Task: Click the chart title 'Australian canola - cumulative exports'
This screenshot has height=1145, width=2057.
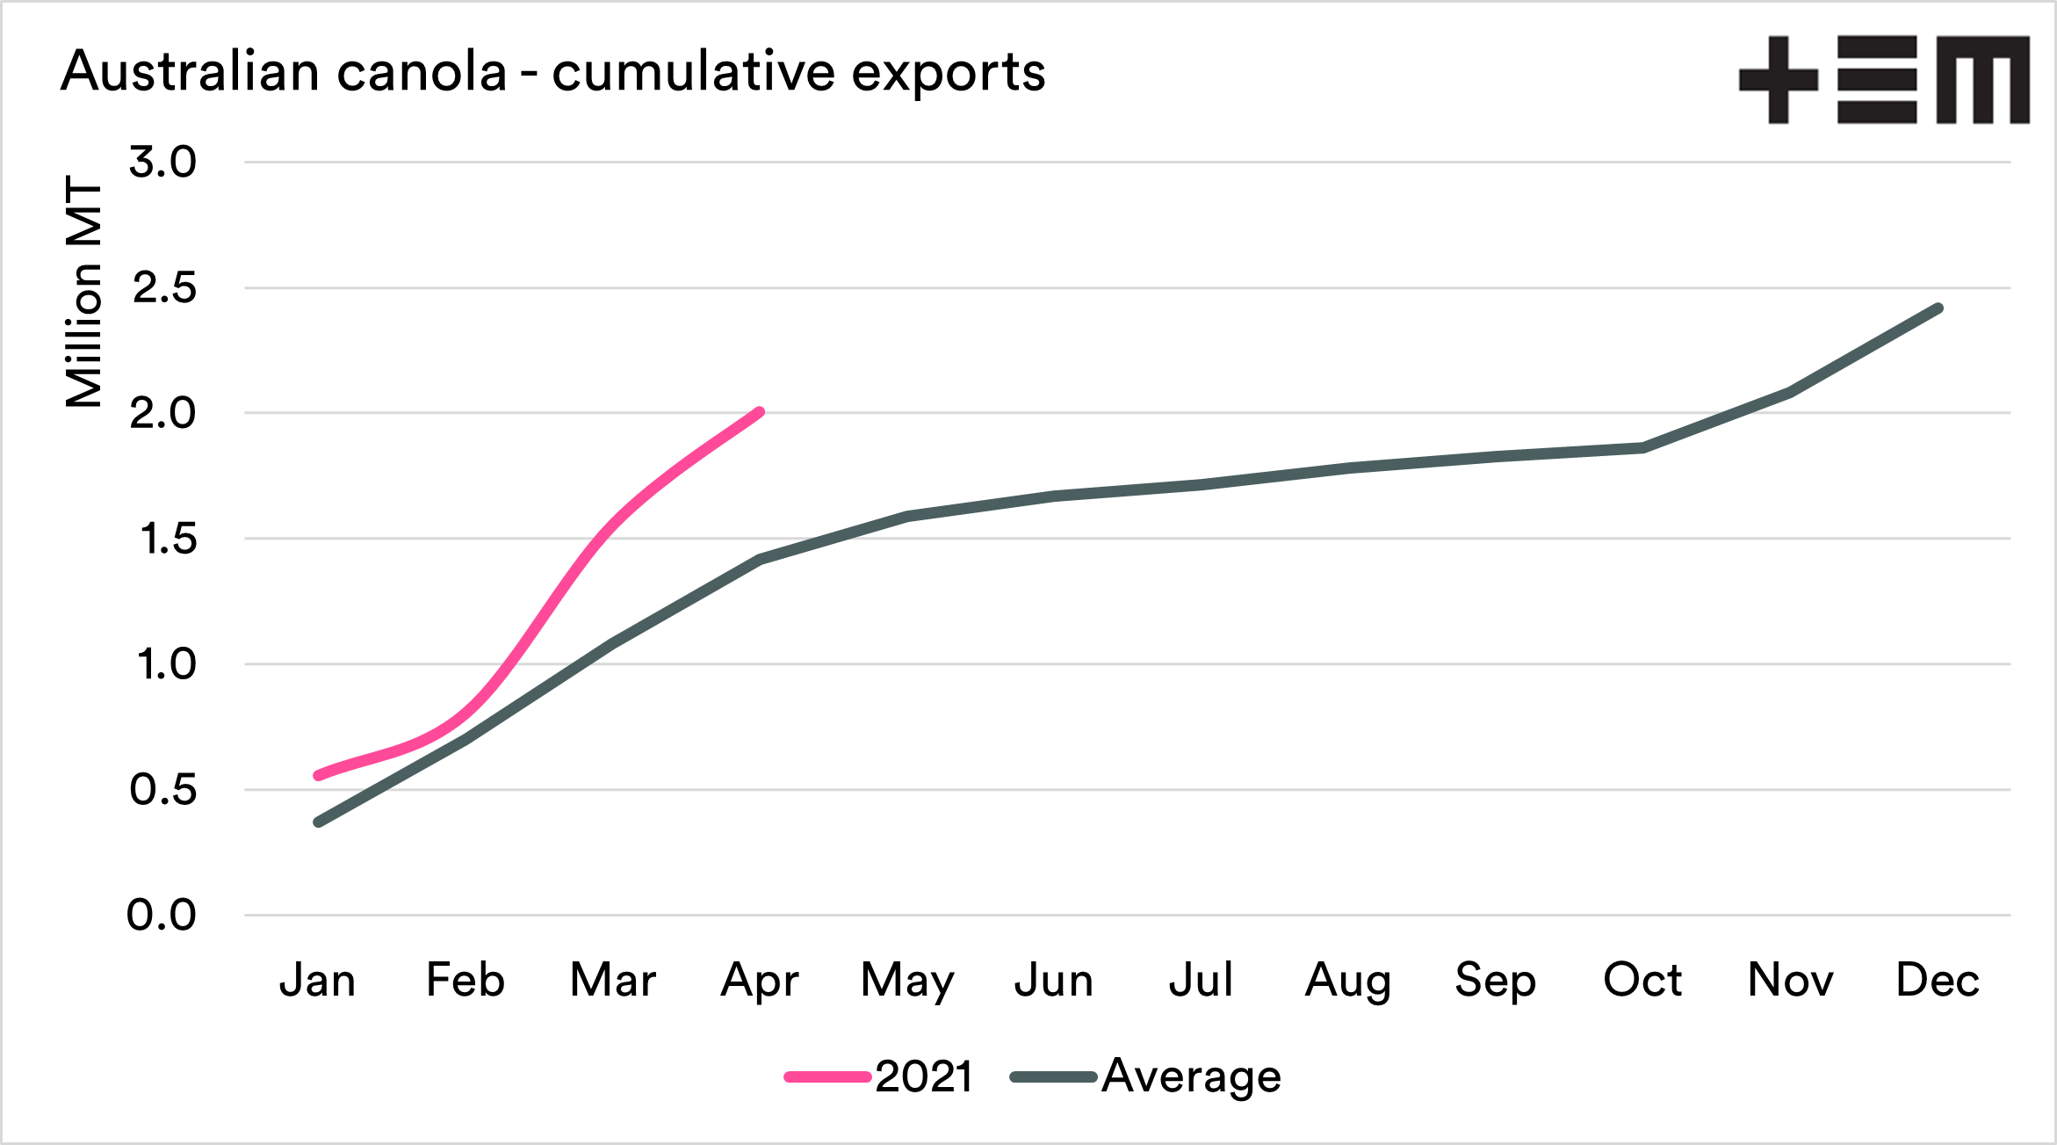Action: point(552,72)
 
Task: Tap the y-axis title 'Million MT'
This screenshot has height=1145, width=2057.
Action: point(85,292)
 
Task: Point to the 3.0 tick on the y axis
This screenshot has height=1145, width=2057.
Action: point(163,163)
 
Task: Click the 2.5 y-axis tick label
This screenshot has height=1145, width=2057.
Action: point(164,288)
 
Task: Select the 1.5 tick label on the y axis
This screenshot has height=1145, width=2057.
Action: point(168,539)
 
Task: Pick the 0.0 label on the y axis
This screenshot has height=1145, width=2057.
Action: point(162,916)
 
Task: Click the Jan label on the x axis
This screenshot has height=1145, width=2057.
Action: point(318,980)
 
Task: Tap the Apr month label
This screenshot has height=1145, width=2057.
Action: point(760,982)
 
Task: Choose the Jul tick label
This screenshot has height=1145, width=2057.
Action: point(1201,980)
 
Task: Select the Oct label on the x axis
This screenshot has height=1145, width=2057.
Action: point(1642,980)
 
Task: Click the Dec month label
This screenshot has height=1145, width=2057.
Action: point(1938,980)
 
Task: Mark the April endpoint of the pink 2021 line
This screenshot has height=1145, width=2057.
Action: point(760,412)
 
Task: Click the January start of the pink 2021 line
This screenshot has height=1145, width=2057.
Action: point(318,776)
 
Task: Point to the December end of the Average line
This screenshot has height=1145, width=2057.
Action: point(1938,308)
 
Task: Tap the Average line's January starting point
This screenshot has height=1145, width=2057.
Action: point(318,823)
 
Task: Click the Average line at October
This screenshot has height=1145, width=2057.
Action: point(1642,448)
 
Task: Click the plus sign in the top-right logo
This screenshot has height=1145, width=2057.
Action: point(1778,80)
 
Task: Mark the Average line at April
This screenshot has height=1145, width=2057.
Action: point(760,559)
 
